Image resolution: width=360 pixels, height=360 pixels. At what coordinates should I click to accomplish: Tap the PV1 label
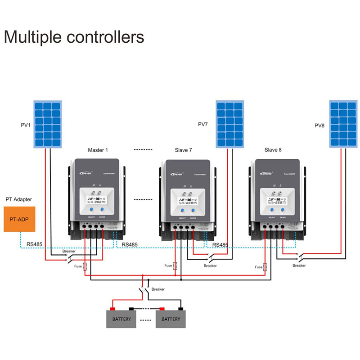[x=25, y=125]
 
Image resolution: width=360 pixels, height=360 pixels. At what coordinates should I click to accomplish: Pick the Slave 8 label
[x=274, y=150]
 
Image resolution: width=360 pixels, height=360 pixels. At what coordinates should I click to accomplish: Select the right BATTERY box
[x=171, y=319]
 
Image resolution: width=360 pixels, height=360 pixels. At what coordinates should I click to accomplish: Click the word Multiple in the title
[x=33, y=36]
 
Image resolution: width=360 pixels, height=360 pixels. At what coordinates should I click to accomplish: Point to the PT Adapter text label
[x=18, y=199]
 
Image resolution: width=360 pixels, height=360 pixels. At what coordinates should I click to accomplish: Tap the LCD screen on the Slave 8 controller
[x=275, y=198]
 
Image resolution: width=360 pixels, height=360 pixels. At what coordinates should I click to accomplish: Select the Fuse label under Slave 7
[x=168, y=265]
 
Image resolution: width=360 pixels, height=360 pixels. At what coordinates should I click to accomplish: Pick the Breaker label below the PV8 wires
[x=299, y=265]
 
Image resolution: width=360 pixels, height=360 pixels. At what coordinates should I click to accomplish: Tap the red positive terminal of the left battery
[x=112, y=309]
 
